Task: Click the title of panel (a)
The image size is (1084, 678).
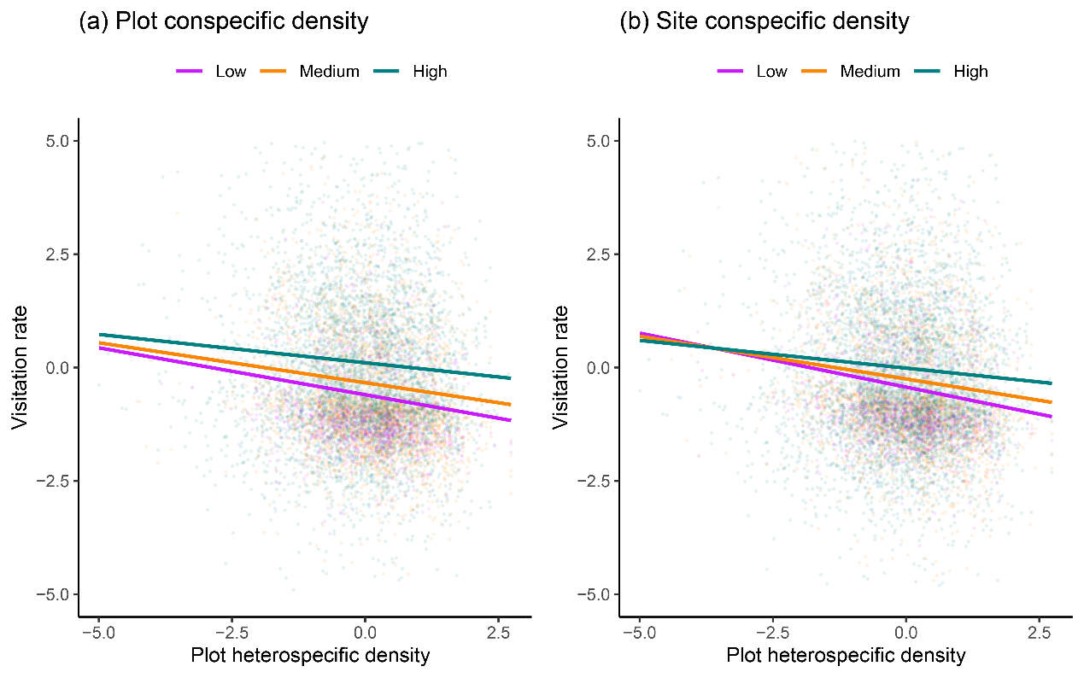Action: pyautogui.click(x=224, y=21)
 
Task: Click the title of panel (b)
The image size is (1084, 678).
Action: pyautogui.click(x=765, y=21)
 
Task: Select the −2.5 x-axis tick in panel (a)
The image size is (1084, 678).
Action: pyautogui.click(x=231, y=633)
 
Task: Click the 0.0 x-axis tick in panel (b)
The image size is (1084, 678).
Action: pyautogui.click(x=905, y=633)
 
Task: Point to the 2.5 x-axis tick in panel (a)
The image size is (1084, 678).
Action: pyautogui.click(x=498, y=633)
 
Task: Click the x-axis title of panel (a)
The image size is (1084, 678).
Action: pyautogui.click(x=310, y=656)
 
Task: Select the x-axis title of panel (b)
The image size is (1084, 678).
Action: pyautogui.click(x=846, y=656)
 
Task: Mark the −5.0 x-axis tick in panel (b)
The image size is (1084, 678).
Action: pyautogui.click(x=639, y=633)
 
